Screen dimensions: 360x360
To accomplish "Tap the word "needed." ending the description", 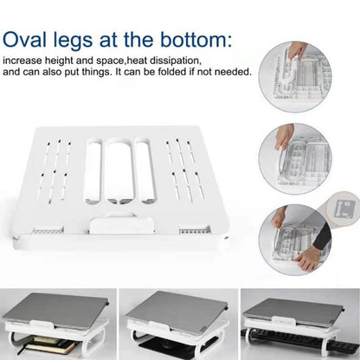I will coord(233,72).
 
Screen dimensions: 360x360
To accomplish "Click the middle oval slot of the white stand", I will coord(119,174).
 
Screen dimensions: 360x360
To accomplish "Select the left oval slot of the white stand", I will coord(93,173).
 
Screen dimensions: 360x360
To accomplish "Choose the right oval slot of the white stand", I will coord(145,173).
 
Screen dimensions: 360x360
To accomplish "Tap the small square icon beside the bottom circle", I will coord(343,209).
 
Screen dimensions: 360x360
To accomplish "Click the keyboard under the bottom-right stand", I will coord(294,346).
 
